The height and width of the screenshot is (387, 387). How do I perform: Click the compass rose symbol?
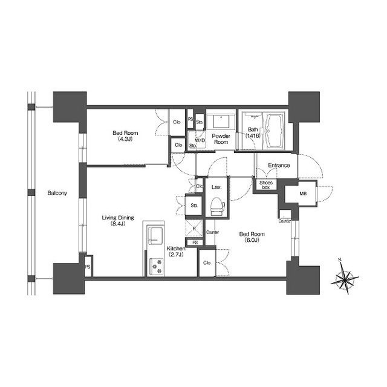click(345, 279)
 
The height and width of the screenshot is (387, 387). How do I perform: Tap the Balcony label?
click(57, 193)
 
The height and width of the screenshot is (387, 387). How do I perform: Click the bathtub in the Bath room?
click(274, 131)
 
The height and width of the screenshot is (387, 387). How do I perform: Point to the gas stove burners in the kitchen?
click(157, 266)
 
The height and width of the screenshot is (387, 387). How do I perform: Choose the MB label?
click(303, 193)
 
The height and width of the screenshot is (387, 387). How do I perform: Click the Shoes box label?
click(266, 185)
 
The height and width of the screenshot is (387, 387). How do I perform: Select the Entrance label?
click(279, 165)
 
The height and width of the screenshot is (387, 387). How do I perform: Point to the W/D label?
click(200, 140)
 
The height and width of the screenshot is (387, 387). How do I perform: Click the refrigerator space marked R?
click(194, 229)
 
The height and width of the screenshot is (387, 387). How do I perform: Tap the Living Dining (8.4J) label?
click(118, 221)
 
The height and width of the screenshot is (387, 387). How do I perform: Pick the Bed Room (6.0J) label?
click(252, 237)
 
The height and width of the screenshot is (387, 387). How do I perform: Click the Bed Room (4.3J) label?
click(125, 136)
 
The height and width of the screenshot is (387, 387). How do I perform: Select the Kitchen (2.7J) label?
click(176, 252)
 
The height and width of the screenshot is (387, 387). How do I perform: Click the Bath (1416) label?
click(253, 132)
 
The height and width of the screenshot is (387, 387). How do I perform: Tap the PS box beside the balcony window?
click(88, 266)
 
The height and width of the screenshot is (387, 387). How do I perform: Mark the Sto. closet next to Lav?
click(194, 206)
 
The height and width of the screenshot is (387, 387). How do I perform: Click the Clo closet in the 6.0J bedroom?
click(207, 263)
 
